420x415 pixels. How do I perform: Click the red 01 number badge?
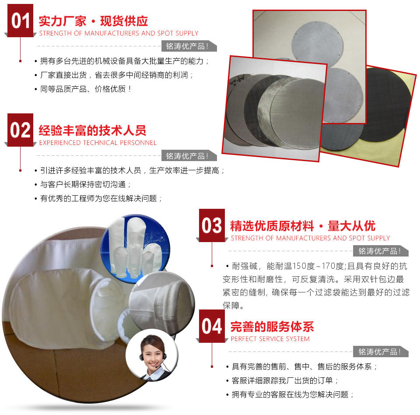(21, 21)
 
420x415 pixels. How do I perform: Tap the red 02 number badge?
(21, 130)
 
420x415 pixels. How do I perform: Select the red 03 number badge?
(212, 225)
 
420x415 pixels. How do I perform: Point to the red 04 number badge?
(212, 326)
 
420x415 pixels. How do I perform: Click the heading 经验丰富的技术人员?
(92, 130)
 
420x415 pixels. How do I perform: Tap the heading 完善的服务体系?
(272, 327)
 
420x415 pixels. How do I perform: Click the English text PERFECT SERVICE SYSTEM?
(270, 339)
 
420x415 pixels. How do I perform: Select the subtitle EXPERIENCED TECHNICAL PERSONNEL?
(98, 143)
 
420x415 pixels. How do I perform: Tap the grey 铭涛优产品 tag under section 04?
(381, 352)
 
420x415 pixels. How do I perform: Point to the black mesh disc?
(386, 104)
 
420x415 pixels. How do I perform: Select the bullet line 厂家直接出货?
(114, 75)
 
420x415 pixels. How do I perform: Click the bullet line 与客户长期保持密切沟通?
(83, 184)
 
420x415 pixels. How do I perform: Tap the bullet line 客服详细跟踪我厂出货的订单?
(282, 380)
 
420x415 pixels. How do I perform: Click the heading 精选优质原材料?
(272, 226)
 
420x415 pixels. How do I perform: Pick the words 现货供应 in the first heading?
(124, 21)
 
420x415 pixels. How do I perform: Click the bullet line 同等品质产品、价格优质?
(83, 89)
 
